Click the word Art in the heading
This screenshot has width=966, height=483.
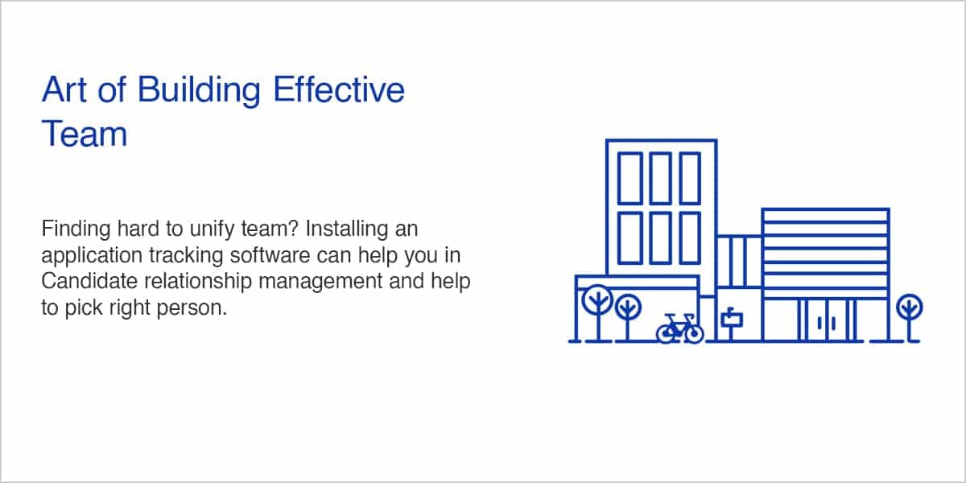coord(64,89)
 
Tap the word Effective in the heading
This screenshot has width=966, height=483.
coord(339,89)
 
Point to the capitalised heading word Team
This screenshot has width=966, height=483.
coord(84,134)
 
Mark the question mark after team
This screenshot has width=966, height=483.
coord(293,228)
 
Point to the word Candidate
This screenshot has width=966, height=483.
coord(89,281)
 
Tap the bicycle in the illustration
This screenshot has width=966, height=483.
coord(679,329)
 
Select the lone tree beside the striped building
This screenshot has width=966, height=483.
coord(909,316)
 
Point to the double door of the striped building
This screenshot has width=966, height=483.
coord(826,320)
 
